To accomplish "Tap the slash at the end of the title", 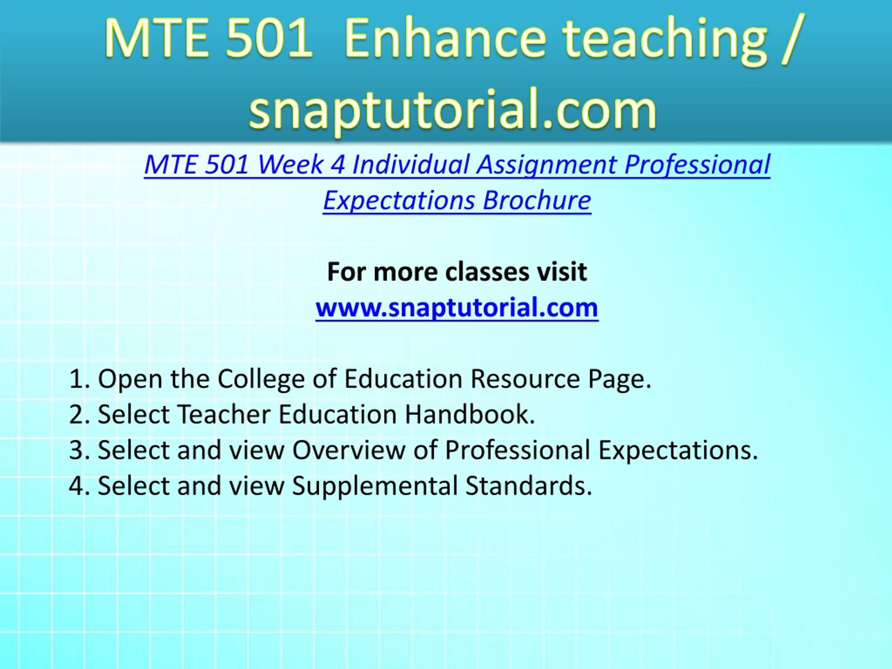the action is tap(789, 39).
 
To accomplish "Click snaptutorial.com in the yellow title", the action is tap(453, 108).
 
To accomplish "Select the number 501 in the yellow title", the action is tap(269, 39).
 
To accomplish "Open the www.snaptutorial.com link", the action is tap(457, 308).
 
